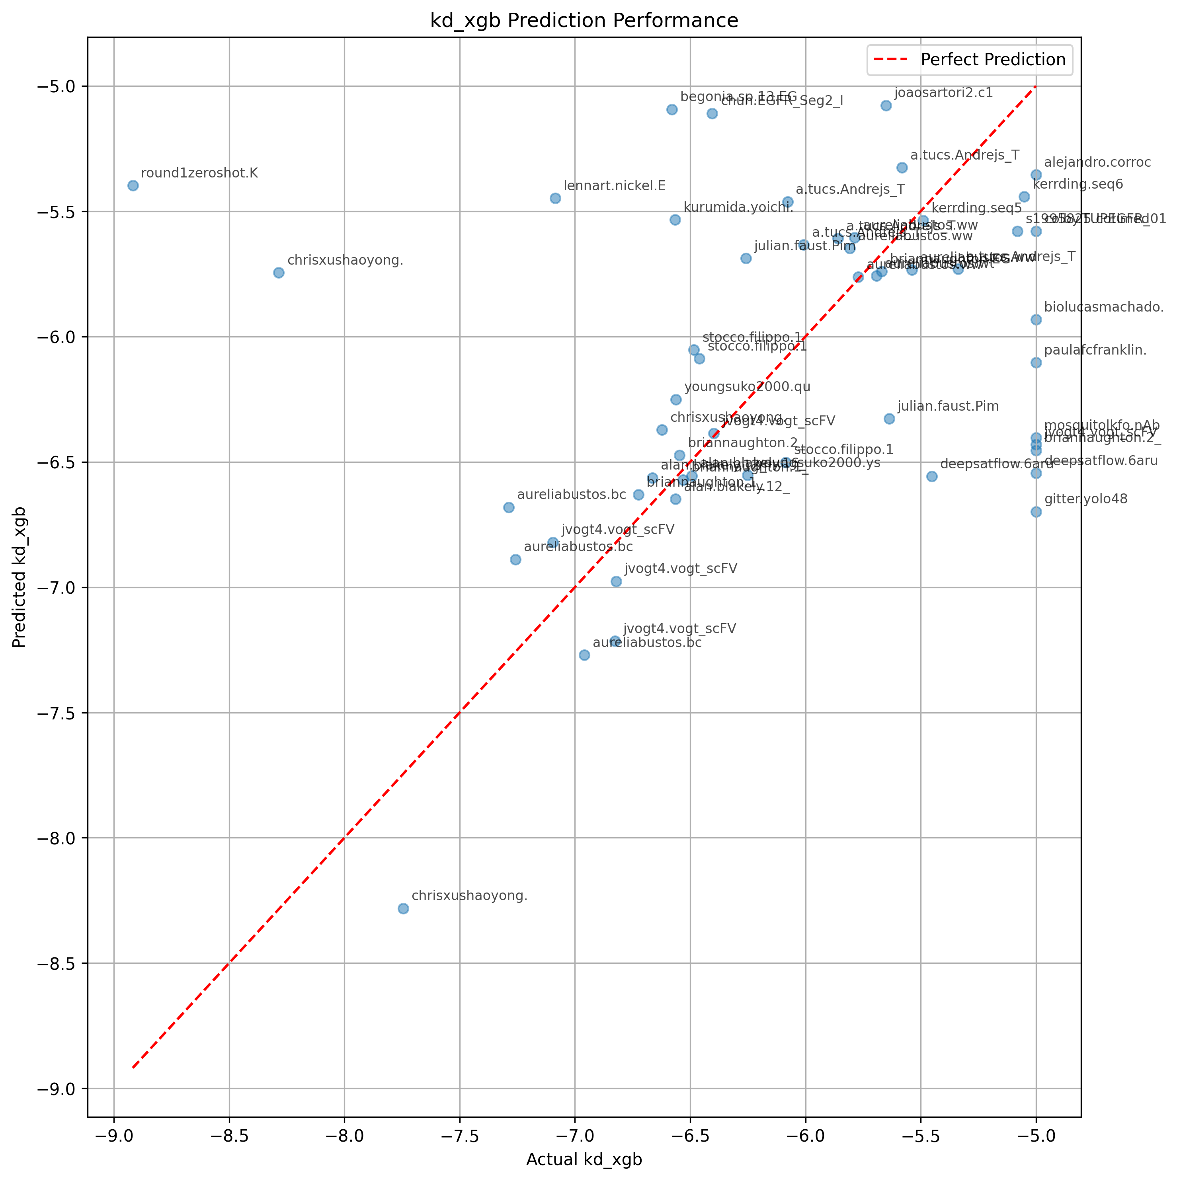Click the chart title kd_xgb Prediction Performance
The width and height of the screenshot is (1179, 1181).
tap(584, 21)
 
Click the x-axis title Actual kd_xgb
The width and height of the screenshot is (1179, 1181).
tap(584, 1160)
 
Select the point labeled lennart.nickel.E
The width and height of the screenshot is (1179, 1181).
tap(555, 198)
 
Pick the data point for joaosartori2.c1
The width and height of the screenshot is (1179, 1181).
tap(886, 106)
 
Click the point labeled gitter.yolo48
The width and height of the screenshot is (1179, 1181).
tap(1036, 512)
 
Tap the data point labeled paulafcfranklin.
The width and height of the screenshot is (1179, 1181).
tap(1036, 362)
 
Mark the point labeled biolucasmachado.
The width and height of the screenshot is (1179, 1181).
tap(1036, 320)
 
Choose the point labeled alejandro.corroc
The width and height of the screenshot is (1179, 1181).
tap(1036, 175)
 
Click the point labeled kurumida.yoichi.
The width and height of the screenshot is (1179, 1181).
tap(675, 220)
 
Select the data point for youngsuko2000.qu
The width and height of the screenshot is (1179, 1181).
tap(676, 399)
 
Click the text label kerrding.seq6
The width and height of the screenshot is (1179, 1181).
tap(1077, 185)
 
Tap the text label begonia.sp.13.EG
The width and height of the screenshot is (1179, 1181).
tap(739, 97)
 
